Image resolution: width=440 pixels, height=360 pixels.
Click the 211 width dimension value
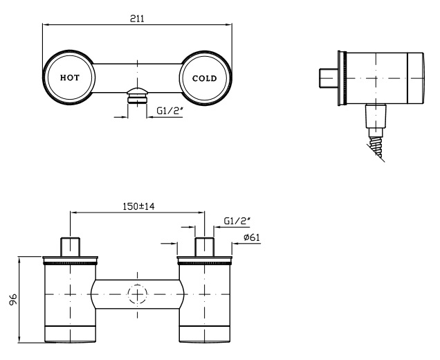[x=137, y=19]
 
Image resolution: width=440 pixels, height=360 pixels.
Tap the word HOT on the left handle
[x=70, y=78]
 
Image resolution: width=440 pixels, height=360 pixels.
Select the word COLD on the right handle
[x=205, y=78]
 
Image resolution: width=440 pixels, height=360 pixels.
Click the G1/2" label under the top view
[x=169, y=111]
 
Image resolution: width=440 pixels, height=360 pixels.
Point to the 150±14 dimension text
[x=138, y=206]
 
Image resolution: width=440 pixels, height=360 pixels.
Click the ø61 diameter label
[x=252, y=237]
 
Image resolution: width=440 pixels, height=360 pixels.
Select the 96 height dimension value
[x=13, y=299]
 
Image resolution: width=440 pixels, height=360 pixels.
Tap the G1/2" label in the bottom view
[x=237, y=221]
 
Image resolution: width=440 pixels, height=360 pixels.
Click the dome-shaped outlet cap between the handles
[x=137, y=92]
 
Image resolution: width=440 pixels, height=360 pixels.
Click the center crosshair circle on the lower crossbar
[x=137, y=294]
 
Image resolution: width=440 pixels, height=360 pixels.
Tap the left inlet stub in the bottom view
[x=70, y=247]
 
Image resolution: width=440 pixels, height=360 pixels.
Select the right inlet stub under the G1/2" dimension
[x=205, y=247]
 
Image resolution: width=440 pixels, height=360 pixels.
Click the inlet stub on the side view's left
[x=329, y=78]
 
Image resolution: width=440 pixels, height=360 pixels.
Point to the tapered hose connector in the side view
[x=376, y=116]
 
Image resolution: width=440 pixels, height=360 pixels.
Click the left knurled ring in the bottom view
[x=70, y=263]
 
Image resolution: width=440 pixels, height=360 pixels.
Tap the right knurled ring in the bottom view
[x=205, y=263]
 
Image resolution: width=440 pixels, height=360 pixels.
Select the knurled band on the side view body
[x=345, y=78]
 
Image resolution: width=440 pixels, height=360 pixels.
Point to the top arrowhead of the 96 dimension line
[x=19, y=260]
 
